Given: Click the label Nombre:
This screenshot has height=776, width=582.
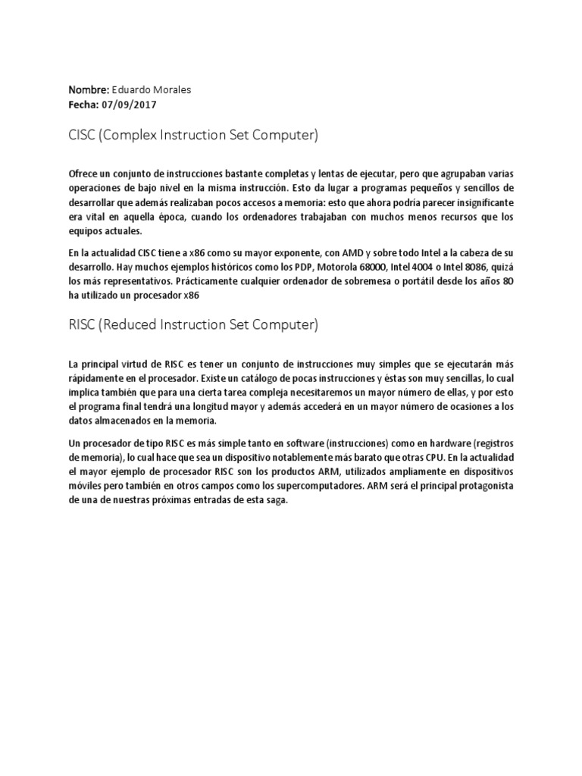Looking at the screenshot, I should (89, 89).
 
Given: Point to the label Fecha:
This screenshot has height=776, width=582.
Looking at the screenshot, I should (83, 105).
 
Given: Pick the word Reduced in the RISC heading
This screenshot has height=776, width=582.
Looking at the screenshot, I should (134, 325).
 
